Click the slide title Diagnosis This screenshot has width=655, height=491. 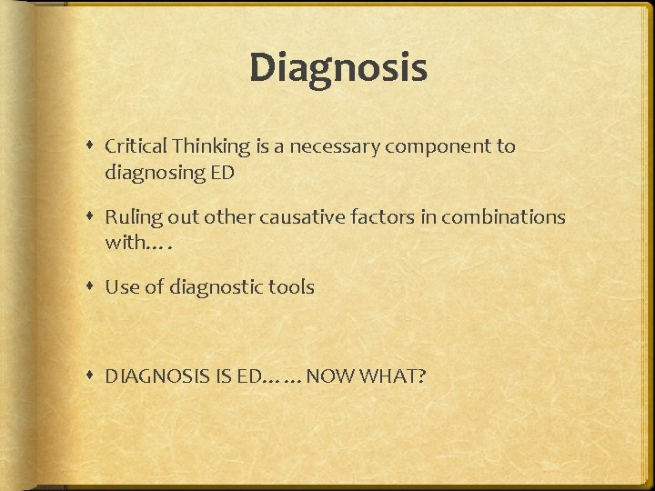pos(338,68)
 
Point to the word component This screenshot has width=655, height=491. pos(430,146)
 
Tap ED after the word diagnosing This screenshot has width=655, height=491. pos(223,172)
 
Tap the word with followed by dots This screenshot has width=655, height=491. pos(126,243)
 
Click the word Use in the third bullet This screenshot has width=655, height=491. pos(120,287)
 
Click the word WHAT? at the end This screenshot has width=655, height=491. pos(394,376)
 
